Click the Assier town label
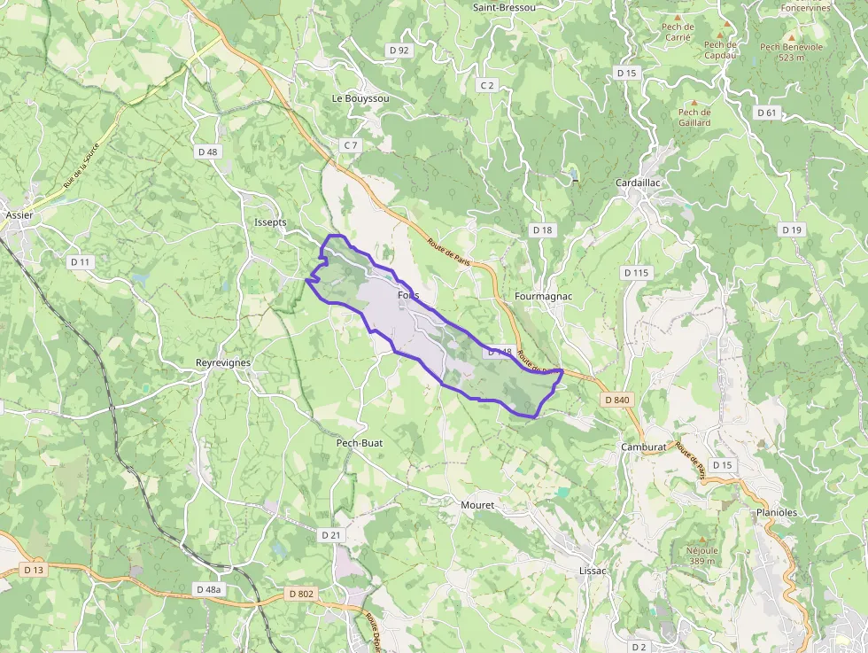[x=19, y=214]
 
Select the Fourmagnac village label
[x=543, y=296]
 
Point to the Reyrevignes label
[x=223, y=362]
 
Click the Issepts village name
[x=270, y=222]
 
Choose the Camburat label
[x=643, y=447]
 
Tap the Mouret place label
[x=477, y=505]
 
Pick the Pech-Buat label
[x=359, y=442]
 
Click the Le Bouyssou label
[x=360, y=98]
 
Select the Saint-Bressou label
[x=504, y=7]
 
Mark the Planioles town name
[x=777, y=512]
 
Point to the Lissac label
[x=592, y=571]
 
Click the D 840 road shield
[x=617, y=400]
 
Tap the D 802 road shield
[x=300, y=594]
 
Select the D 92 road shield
[x=399, y=51]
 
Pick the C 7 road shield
[x=351, y=144]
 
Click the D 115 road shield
[x=636, y=273]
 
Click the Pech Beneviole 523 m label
[x=791, y=51]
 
